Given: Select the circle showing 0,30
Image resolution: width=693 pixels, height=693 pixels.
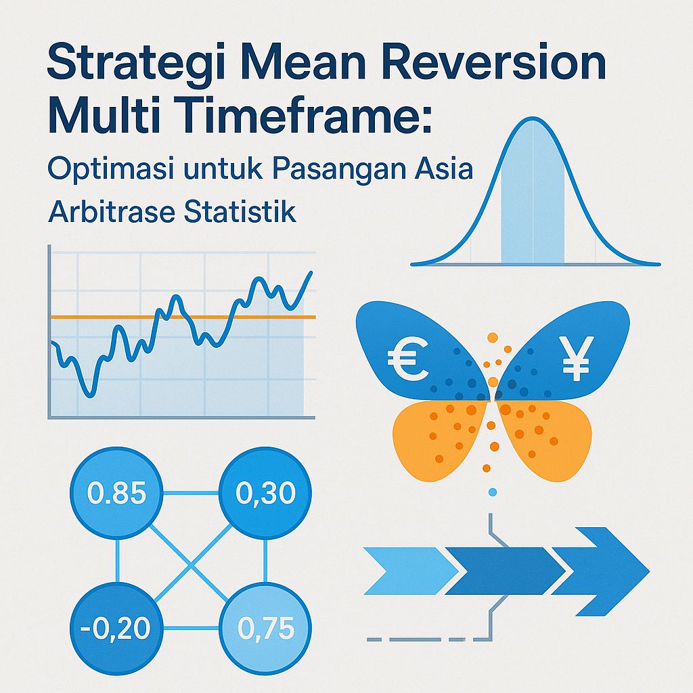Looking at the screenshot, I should point(265,493).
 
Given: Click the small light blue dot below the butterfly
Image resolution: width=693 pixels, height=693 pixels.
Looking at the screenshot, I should point(493,491).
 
